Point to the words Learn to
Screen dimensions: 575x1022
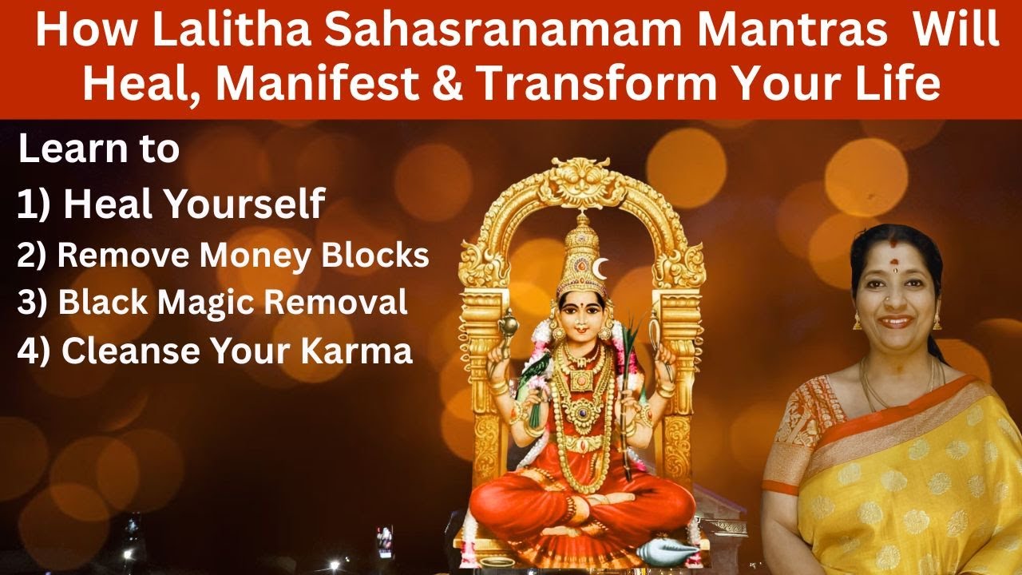pyautogui.click(x=99, y=150)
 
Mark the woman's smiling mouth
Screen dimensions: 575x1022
pyautogui.click(x=895, y=322)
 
